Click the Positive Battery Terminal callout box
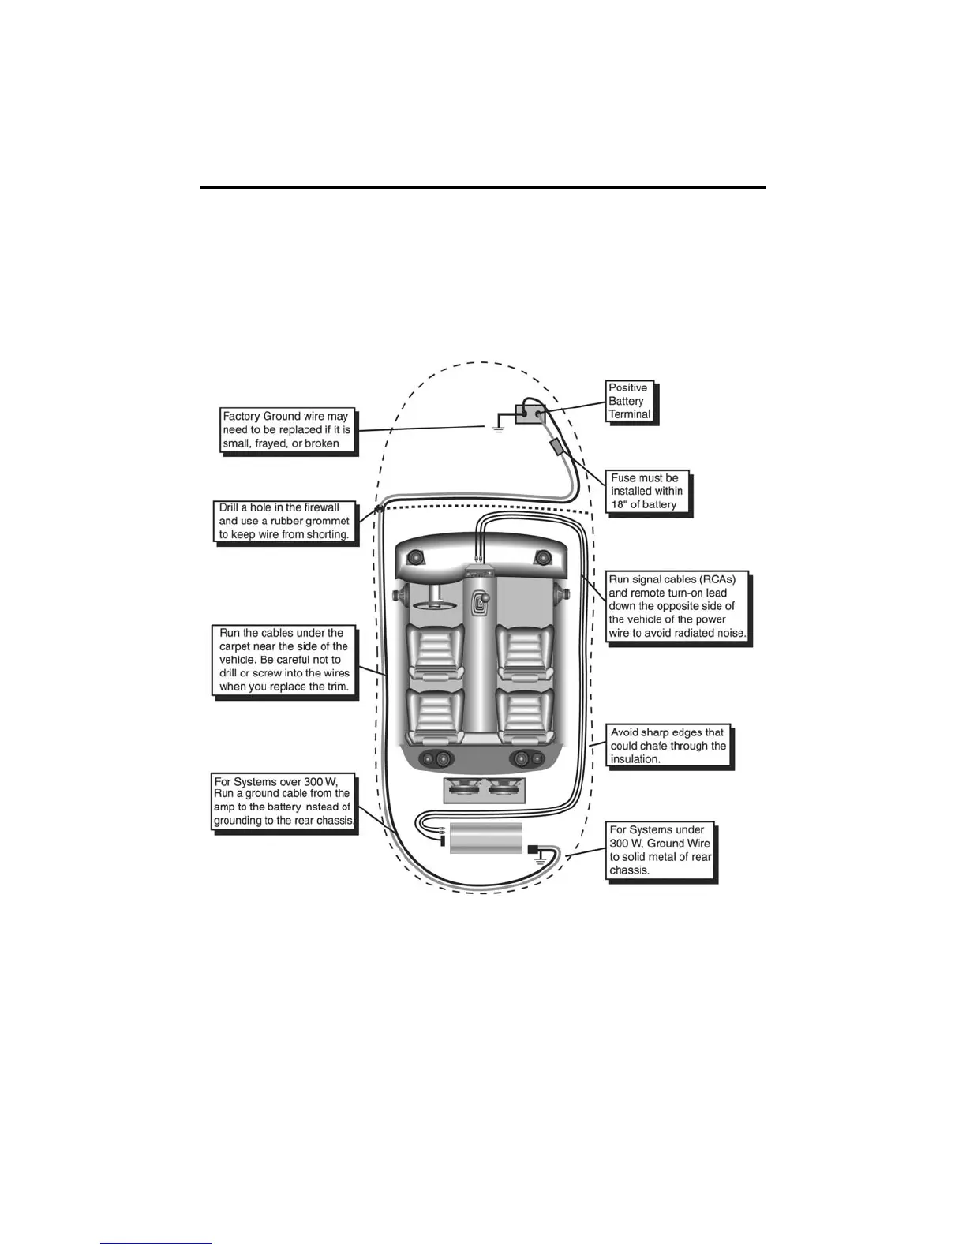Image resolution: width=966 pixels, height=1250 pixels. coord(629,401)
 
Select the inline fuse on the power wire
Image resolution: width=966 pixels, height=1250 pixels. coord(557,447)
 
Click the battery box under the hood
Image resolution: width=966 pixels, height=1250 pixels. coord(530,413)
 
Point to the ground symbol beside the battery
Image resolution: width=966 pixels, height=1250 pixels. coord(497,429)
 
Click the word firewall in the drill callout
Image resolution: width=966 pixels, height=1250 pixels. coord(320,507)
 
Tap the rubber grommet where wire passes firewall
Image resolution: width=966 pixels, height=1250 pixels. coord(379,510)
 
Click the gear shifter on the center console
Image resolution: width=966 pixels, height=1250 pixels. coord(479,604)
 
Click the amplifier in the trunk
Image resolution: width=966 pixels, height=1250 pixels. coord(485,837)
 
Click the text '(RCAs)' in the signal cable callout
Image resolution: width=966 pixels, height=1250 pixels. coord(713,579)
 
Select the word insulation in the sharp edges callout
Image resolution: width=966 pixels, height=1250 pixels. coord(635,759)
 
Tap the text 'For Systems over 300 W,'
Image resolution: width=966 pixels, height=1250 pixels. coord(275,781)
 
